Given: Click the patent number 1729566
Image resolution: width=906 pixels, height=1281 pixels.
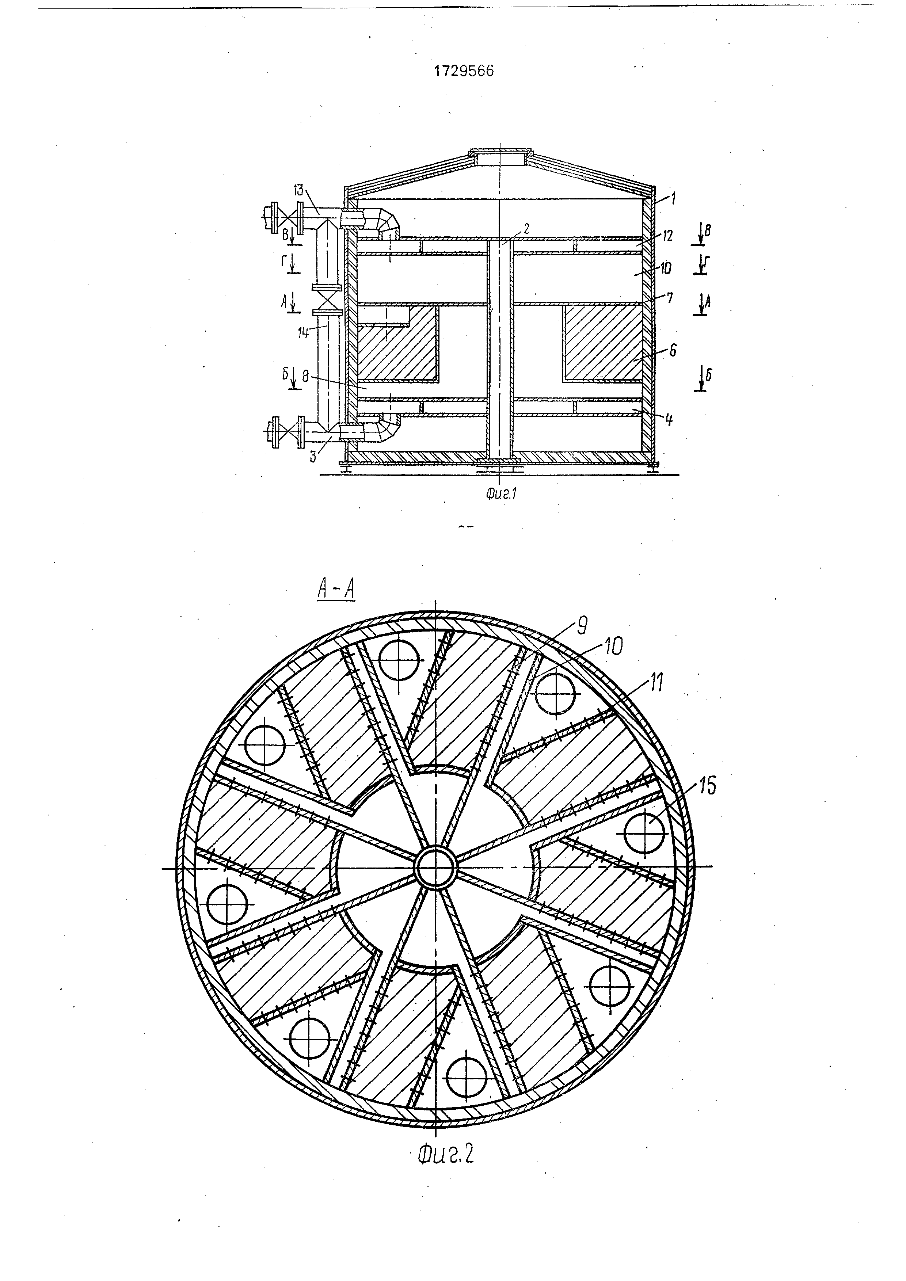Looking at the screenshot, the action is [x=464, y=72].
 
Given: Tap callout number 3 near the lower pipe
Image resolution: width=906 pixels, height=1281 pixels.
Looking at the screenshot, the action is [x=313, y=456].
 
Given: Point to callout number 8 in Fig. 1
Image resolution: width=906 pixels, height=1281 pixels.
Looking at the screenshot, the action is [x=305, y=377].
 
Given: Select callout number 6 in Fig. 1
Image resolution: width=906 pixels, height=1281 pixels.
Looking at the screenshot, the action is [x=673, y=350].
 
